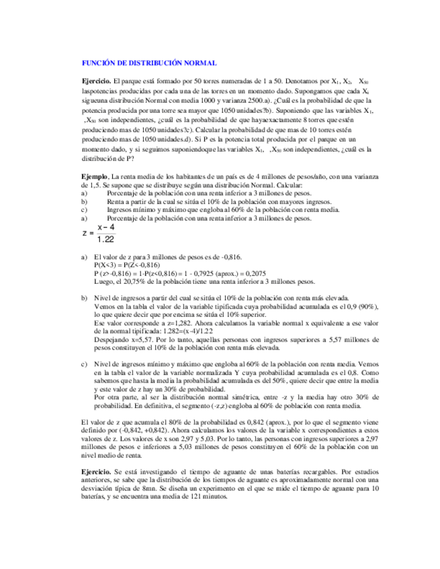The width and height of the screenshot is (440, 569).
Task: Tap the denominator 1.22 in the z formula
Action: [105, 240]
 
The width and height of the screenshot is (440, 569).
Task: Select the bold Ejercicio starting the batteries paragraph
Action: [96, 472]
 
